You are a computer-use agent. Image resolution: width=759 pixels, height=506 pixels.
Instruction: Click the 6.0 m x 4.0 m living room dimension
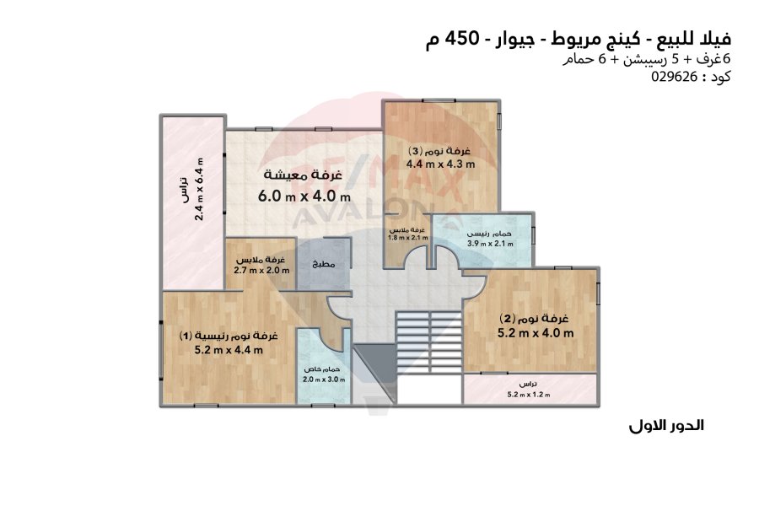[304, 196]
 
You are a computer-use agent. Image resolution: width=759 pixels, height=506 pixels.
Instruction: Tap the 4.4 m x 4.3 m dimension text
[440, 164]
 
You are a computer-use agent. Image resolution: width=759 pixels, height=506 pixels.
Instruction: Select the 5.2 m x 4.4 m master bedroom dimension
[229, 350]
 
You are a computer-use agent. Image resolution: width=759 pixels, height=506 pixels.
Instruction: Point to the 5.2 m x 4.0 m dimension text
[536, 332]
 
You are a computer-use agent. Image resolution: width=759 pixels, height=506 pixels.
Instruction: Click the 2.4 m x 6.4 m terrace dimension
[199, 189]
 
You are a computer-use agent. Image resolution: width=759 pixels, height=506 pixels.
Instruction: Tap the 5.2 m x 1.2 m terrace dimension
[529, 395]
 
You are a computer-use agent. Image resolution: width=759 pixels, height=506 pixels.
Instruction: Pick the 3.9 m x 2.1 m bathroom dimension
[490, 244]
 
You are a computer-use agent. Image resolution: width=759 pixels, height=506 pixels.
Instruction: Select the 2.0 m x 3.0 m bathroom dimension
[324, 379]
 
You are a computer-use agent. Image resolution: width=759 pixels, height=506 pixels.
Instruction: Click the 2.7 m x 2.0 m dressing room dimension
[261, 270]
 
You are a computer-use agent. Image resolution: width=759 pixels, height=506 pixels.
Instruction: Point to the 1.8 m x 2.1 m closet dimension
[408, 237]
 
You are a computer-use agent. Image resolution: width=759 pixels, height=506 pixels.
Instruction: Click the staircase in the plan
[428, 342]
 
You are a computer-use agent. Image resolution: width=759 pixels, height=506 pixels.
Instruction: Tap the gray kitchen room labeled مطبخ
[323, 264]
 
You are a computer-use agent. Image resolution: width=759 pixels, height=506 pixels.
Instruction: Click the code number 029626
[674, 77]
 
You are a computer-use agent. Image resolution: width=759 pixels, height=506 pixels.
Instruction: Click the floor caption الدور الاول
[666, 426]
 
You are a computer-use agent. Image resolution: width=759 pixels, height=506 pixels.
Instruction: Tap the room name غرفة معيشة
[303, 175]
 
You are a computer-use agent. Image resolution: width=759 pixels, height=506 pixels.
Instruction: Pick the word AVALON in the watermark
[358, 213]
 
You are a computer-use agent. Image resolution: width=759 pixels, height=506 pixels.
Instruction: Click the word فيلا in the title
[715, 38]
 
